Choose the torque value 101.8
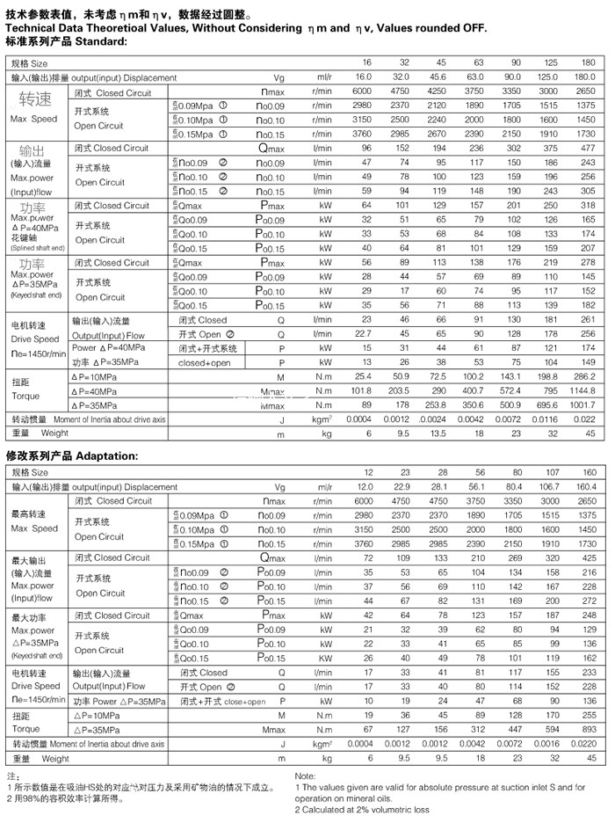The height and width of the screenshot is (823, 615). point(362,391)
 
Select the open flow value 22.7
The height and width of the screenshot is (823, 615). point(362,334)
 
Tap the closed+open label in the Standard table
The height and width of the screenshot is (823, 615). point(205,362)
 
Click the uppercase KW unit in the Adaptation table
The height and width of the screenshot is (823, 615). point(326,659)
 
